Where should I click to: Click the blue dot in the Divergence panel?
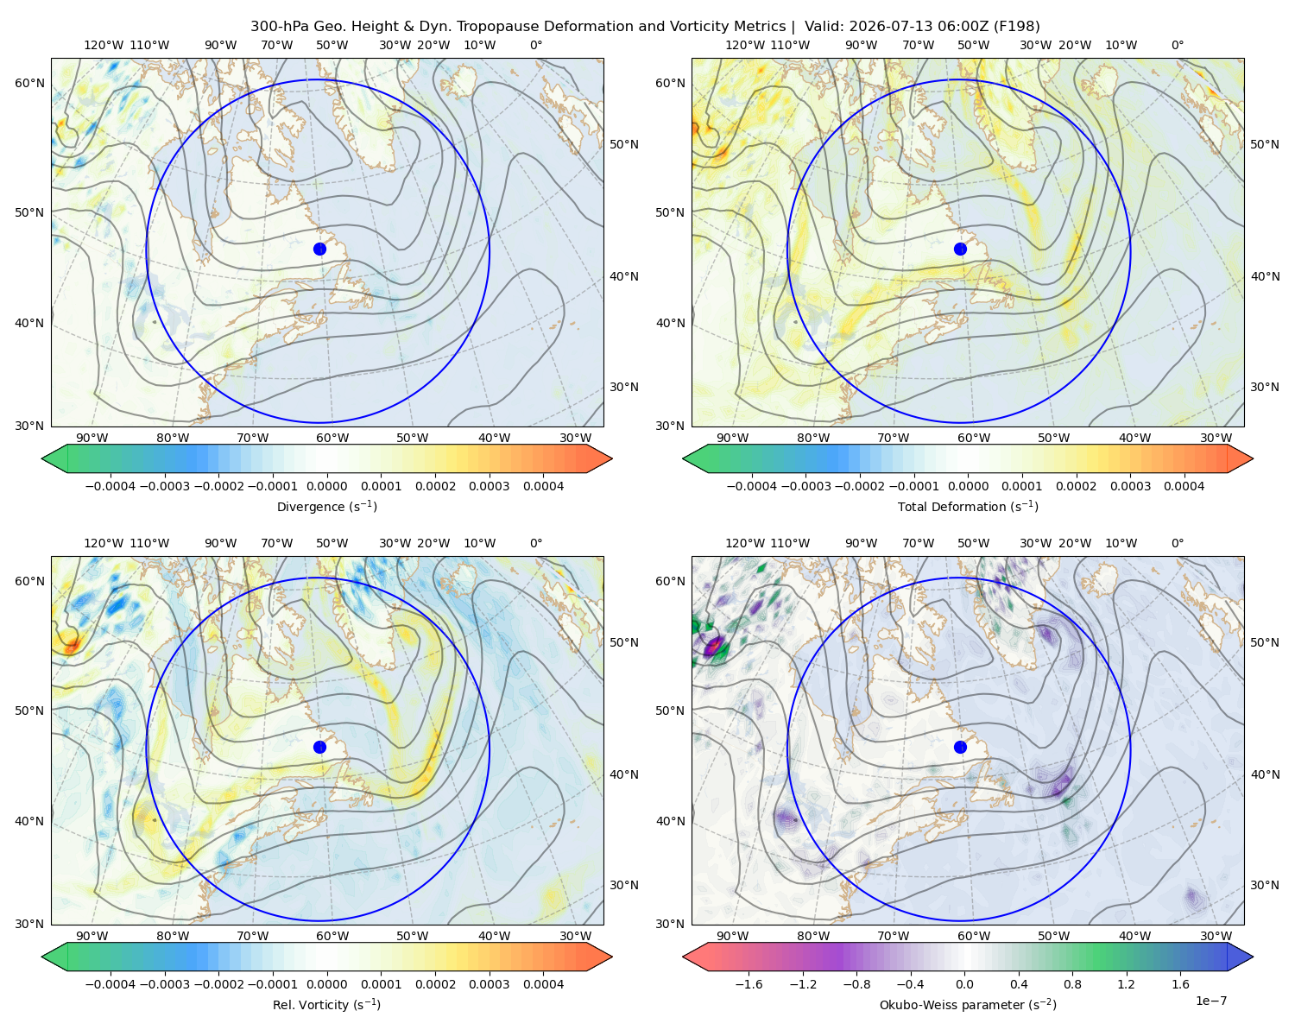coord(319,249)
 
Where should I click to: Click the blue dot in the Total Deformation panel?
coord(960,249)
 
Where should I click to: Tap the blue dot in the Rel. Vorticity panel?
coord(319,747)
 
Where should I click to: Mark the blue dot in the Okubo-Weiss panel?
coord(960,747)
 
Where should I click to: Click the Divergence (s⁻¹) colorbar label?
coord(326,506)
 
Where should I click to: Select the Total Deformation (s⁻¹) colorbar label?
coord(968,506)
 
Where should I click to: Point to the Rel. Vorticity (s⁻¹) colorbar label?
coord(326,1004)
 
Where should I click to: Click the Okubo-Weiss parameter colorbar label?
coord(968,1004)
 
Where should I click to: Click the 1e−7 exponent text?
coord(1210,1001)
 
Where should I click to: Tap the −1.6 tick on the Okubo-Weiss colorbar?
coord(749,983)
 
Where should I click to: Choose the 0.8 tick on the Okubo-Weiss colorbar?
coord(1072,983)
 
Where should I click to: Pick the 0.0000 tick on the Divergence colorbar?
coord(326,486)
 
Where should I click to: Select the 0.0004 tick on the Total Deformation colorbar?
coord(1184,486)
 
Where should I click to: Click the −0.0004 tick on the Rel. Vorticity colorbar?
coord(111,983)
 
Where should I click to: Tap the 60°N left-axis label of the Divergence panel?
coord(29,83)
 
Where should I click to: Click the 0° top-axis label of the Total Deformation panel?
coord(1177,45)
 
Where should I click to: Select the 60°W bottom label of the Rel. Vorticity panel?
coord(332,936)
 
